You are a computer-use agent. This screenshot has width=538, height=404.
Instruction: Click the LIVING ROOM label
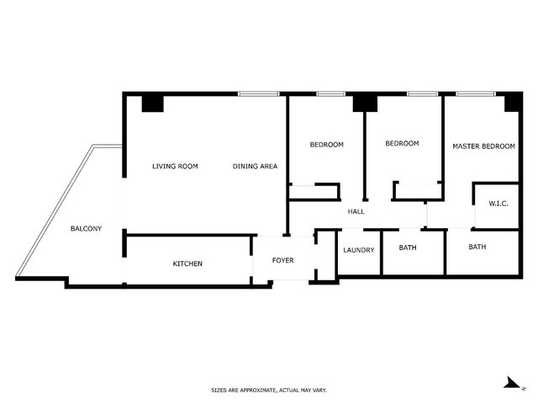click(175, 167)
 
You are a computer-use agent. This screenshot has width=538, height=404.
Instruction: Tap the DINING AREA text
click(255, 167)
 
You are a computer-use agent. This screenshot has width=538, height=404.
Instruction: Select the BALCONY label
click(86, 228)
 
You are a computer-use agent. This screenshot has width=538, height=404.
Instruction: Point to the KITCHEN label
click(187, 263)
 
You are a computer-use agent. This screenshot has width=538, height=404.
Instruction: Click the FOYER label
click(283, 260)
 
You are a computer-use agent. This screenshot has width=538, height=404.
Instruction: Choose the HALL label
click(356, 211)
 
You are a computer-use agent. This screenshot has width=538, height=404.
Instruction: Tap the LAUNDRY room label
click(359, 250)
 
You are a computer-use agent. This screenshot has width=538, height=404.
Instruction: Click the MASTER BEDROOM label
click(484, 146)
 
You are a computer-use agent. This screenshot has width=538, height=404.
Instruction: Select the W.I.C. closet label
click(498, 204)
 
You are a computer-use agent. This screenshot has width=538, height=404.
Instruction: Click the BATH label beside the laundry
click(408, 247)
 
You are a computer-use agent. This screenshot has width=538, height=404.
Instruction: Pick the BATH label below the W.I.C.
click(477, 247)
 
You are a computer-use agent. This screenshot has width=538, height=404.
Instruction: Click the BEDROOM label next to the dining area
click(327, 145)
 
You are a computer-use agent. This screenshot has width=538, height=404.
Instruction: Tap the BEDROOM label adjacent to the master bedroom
click(402, 143)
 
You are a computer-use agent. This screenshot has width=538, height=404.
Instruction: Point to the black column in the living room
click(153, 104)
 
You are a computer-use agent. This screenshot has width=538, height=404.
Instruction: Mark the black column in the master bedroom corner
click(512, 103)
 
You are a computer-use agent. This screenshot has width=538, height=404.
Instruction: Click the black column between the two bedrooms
click(365, 104)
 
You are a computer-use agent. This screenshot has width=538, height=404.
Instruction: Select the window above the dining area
click(258, 93)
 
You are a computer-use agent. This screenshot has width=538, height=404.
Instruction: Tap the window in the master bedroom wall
click(476, 93)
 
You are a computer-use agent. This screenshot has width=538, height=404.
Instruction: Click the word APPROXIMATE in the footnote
click(259, 391)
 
